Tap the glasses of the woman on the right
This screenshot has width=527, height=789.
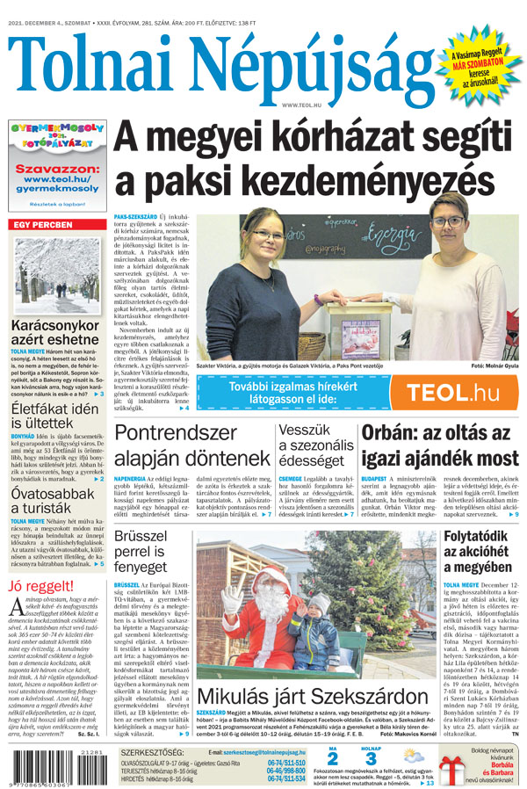(449, 222)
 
